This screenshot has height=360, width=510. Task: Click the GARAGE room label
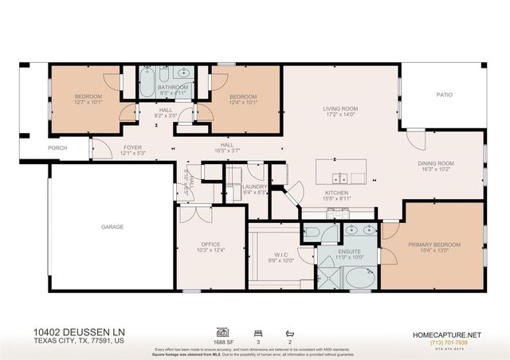(112, 227)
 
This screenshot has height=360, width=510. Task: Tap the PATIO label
(444, 95)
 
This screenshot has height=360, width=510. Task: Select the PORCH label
(57, 148)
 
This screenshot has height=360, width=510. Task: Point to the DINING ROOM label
(434, 163)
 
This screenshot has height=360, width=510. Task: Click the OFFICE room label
(210, 245)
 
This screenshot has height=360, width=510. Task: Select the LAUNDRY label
(255, 186)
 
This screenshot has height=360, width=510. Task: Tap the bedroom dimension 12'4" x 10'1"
(245, 102)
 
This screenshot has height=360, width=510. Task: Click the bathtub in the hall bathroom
(148, 83)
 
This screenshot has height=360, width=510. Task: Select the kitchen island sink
(341, 178)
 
